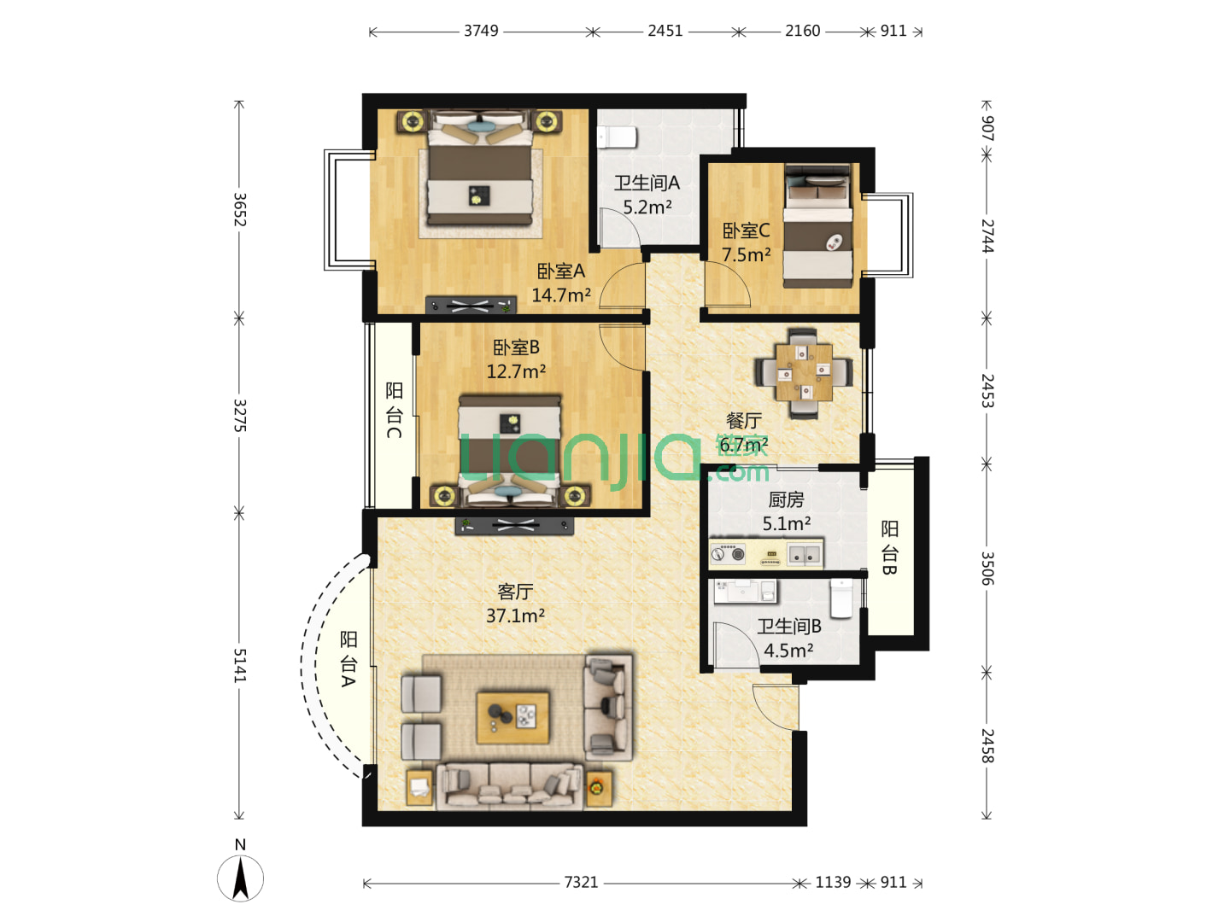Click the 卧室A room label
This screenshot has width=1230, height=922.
pos(560,271)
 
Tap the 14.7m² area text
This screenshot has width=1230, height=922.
pos(560,295)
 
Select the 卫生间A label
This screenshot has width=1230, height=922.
pos(647,183)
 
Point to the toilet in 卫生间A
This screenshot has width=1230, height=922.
pos(617,137)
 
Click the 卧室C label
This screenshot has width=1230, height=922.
pos(746,230)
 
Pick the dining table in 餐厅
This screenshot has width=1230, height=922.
pos(804,372)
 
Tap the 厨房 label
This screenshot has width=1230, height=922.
pos(786,499)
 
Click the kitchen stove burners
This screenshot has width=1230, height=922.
pos(728,553)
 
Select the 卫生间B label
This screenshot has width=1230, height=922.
pos(789,626)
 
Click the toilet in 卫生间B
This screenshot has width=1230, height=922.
pos(841,598)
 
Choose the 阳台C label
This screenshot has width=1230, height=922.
pos(394,411)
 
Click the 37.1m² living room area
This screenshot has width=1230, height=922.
pos(515,616)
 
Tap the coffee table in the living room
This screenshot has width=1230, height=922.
pos(512,718)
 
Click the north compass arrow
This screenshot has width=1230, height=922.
pos(240,879)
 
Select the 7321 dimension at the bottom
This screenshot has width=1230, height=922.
pos(581,883)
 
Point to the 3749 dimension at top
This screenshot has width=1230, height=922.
pos(481,31)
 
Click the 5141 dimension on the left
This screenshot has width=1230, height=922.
pos(240,666)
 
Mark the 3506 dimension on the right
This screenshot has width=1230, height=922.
pos(987,569)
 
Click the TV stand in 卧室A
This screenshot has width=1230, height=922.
pos(471,305)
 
